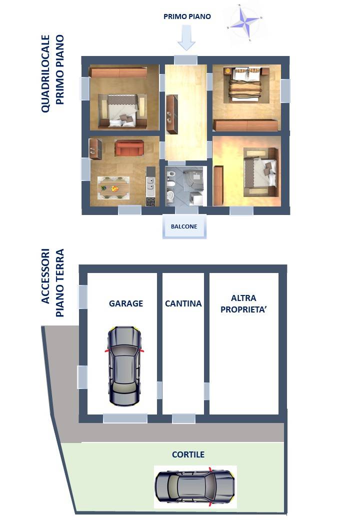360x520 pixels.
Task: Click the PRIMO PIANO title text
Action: [187, 16]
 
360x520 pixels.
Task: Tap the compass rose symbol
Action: [244, 22]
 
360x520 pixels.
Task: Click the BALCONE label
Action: [184, 226]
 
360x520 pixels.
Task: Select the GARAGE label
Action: [126, 303]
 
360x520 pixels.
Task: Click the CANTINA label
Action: [183, 303]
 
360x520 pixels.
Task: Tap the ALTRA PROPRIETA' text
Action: [243, 304]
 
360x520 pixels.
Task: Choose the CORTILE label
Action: [188, 454]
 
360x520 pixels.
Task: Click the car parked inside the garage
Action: [124, 366]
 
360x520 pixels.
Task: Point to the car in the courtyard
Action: [195, 487]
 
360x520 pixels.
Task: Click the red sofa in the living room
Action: [129, 148]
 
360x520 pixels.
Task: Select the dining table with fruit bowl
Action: [113, 188]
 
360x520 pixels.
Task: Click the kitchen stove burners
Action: [150, 201]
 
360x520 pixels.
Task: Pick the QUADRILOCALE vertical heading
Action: [45, 73]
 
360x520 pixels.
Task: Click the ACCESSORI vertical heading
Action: [45, 276]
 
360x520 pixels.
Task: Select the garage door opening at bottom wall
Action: [125, 418]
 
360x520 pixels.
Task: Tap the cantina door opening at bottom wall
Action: [183, 418]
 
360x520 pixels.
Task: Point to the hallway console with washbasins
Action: [172, 114]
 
